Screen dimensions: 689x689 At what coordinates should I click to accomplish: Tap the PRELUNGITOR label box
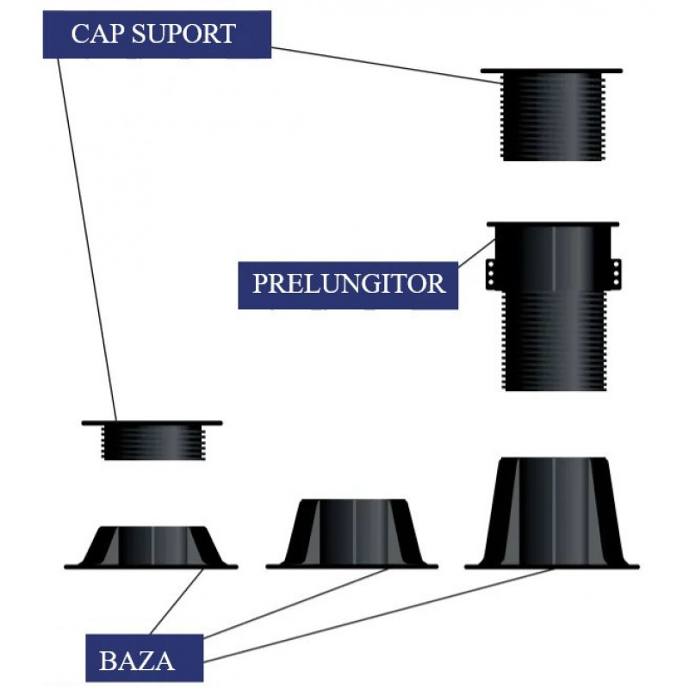[348, 283]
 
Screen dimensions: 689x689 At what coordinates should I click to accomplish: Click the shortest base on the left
[151, 547]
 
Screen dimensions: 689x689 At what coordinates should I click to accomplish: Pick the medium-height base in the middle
[352, 533]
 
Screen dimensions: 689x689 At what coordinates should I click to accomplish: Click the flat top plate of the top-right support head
[551, 71]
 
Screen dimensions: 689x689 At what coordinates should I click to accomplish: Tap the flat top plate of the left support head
[152, 423]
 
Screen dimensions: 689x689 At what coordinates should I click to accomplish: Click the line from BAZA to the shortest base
[177, 603]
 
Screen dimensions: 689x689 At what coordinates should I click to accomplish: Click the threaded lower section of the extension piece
[551, 344]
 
